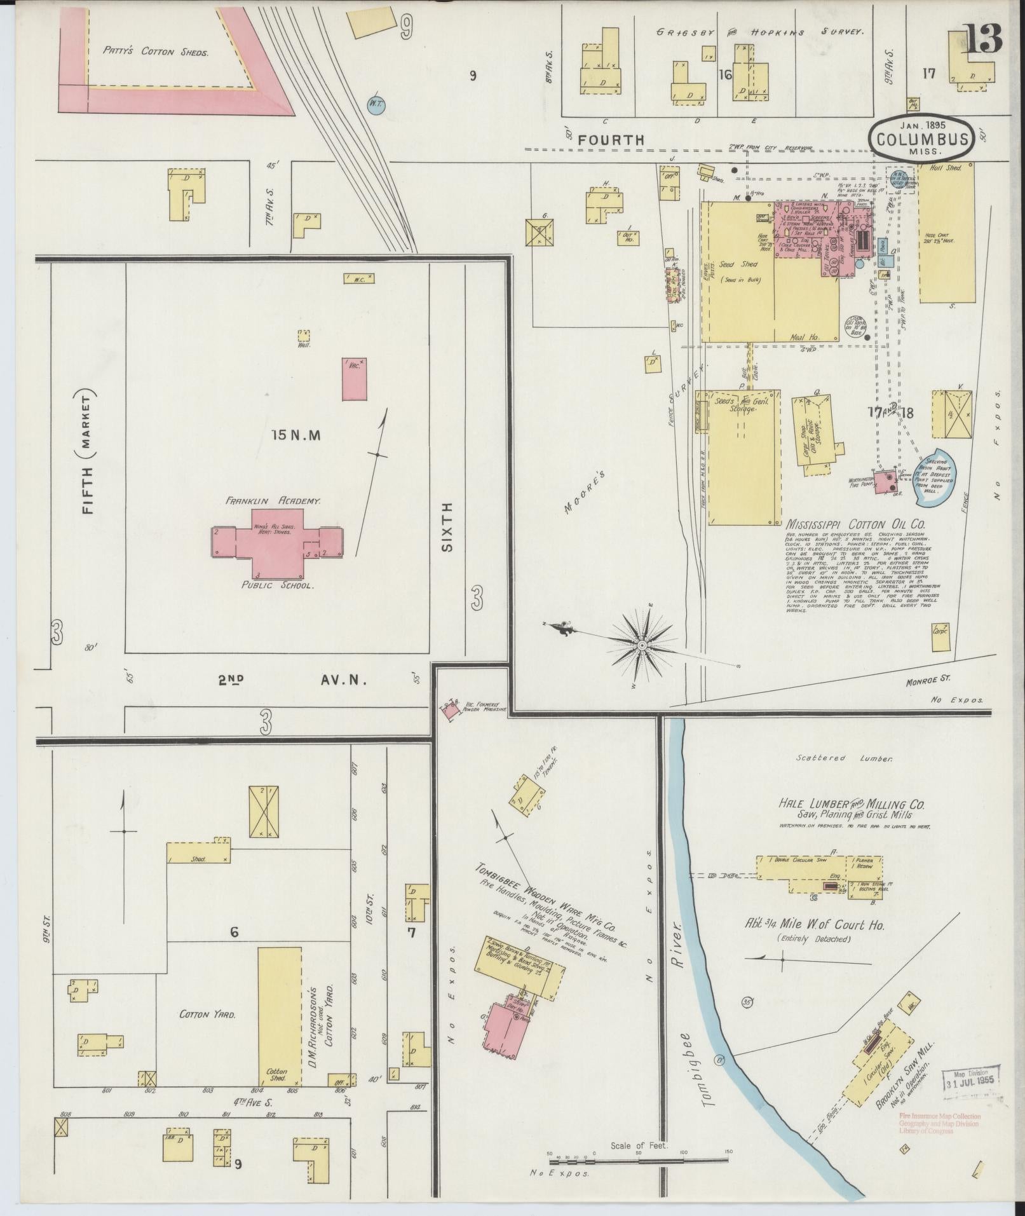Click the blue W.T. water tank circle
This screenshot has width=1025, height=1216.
click(x=376, y=104)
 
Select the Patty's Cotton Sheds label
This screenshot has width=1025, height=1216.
click(x=156, y=52)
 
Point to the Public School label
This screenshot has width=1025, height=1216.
click(x=278, y=585)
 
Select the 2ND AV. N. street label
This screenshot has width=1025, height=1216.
click(x=292, y=681)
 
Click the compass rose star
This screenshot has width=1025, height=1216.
click(x=642, y=645)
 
